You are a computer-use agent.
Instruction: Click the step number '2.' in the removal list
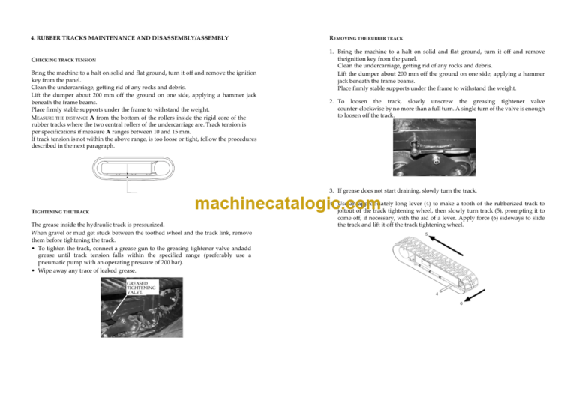331,101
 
